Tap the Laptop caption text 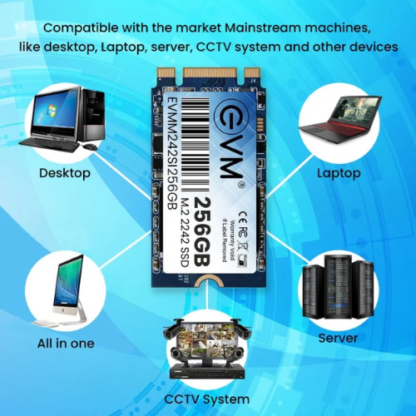click(339, 173)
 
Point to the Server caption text click(339, 338)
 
